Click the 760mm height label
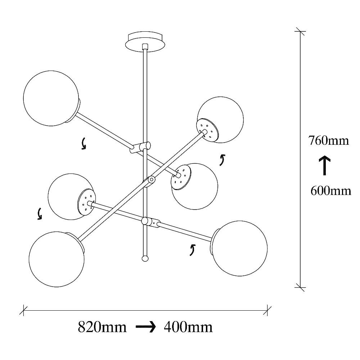[328, 140]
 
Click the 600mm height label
[330, 190]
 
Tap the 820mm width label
[102, 327]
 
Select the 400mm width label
[188, 327]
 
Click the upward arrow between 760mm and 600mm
[325, 165]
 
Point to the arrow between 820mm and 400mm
[145, 327]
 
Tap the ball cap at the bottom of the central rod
[145, 258]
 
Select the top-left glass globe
[50, 98]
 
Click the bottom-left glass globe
[57, 259]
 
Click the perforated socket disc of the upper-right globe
[207, 130]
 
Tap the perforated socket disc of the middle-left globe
[86, 202]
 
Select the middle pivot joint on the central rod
[151, 180]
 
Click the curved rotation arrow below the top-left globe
[84, 144]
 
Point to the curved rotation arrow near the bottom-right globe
[193, 249]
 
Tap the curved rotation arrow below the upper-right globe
[222, 159]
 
